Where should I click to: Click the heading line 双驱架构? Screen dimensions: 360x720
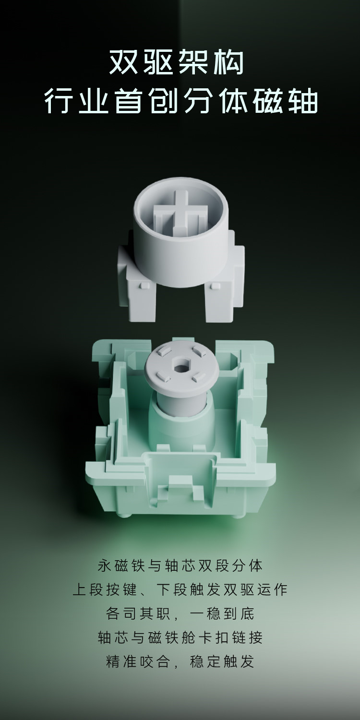tap(177, 62)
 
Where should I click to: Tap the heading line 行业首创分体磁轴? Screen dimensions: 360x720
tap(181, 101)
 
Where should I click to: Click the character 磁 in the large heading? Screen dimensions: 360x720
tap(267, 101)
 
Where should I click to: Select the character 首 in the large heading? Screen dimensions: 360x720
tap(129, 101)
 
